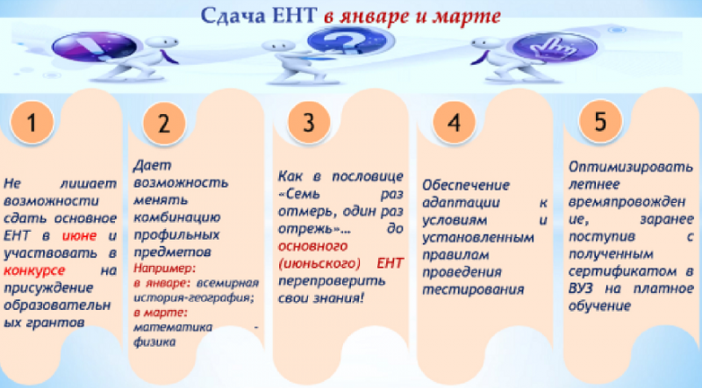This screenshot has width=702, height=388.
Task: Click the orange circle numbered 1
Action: coord(32,122)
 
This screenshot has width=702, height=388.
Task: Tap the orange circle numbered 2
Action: coord(164,123)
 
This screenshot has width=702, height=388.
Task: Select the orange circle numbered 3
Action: coord(309,122)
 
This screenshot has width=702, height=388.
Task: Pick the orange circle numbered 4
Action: coord(454,122)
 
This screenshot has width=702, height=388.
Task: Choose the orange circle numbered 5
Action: coord(600,121)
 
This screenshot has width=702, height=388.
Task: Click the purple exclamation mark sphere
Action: coord(95,47)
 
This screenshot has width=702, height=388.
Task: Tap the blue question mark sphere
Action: coord(345,42)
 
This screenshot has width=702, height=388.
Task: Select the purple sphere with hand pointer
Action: coord(555,47)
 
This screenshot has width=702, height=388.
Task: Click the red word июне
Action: coord(79,235)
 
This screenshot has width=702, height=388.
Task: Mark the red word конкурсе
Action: coord(34,270)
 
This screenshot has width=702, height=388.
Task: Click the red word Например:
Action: coord(165,269)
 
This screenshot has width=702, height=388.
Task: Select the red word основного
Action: coord(312,246)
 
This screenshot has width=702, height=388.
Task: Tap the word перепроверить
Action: coord(332,282)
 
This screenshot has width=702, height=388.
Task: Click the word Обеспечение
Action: coord(466,185)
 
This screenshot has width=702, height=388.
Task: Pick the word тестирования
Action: coord(473,290)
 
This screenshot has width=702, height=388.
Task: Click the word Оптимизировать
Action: coord(631,167)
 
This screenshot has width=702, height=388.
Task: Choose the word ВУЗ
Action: coord(581,289)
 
